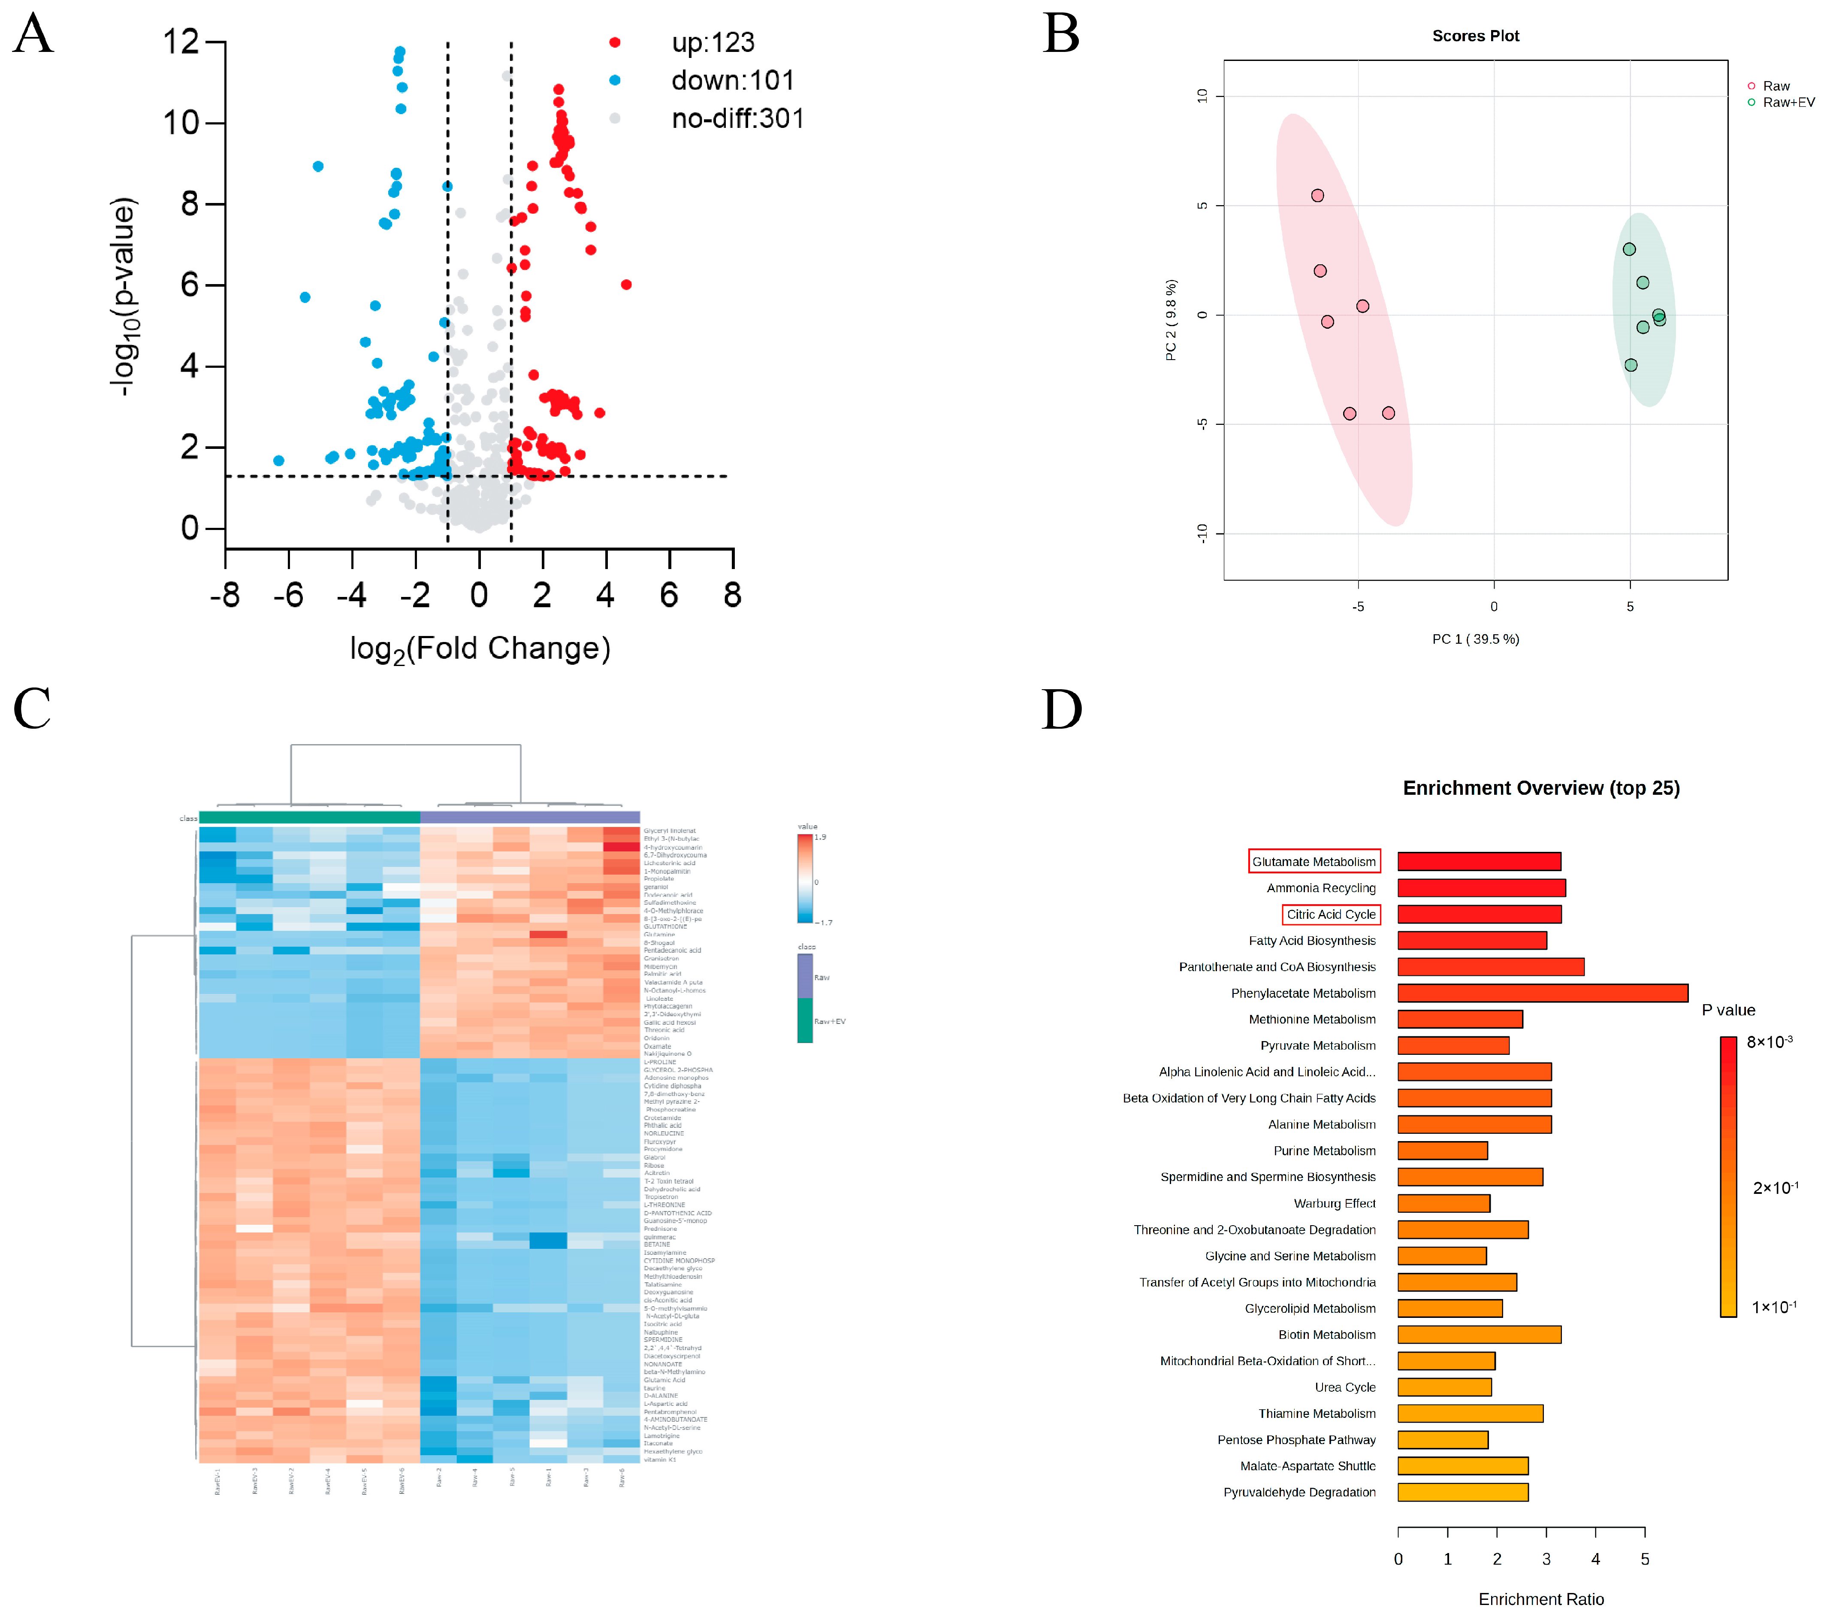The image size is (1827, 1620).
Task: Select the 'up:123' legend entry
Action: point(713,42)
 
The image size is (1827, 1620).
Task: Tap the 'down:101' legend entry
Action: point(732,81)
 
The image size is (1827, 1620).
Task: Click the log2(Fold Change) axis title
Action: point(480,648)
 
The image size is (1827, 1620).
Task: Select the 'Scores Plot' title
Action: point(1475,36)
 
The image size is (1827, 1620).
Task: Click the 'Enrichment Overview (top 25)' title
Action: point(1541,787)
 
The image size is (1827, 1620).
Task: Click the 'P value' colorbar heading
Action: point(1728,1010)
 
